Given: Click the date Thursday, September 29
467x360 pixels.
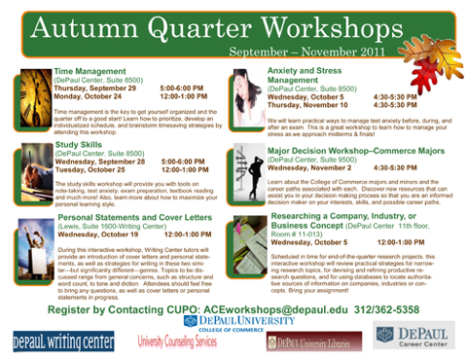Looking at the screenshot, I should tap(95, 88).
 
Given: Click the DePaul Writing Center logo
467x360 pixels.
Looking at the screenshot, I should tap(62, 341).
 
